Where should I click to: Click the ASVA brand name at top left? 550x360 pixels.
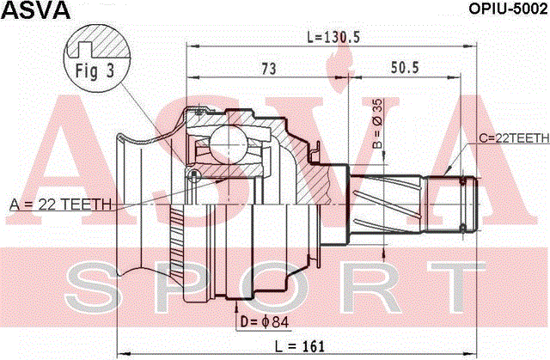[x=36, y=10]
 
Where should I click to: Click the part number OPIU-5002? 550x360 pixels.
[x=508, y=9]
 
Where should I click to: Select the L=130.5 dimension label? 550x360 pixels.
[x=333, y=37]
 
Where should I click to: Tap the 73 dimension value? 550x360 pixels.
[x=269, y=69]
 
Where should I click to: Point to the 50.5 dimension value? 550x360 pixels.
[x=405, y=67]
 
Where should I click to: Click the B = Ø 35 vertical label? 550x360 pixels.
[x=378, y=124]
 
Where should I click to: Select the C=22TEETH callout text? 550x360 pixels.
[x=514, y=138]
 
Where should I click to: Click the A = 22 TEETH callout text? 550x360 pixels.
[x=60, y=204]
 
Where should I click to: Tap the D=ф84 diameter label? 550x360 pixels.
[x=264, y=322]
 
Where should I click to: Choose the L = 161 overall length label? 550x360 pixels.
[x=300, y=346]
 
